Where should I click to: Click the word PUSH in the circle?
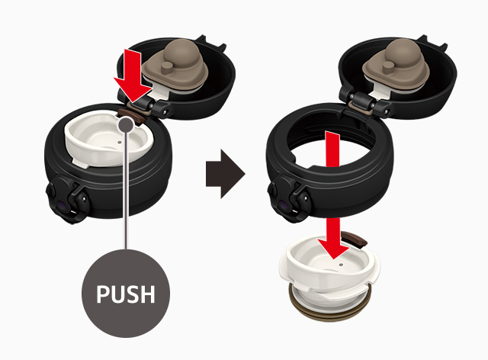pos(126,294)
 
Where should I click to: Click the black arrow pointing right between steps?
pos(226,174)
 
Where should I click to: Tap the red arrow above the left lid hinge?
pos(133,76)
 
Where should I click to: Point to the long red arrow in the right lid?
pos(333,194)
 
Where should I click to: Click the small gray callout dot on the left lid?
pos(127,124)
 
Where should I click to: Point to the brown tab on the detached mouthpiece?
pos(354,239)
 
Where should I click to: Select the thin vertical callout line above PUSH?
pos(126,191)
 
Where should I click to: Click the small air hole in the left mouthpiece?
pos(120,142)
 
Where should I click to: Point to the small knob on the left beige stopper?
pos(168,68)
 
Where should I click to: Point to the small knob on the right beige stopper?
pos(389,67)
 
